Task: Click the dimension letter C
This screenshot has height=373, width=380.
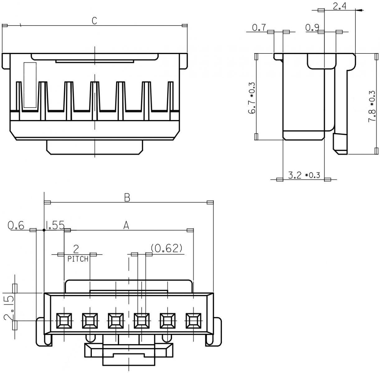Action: point(95,21)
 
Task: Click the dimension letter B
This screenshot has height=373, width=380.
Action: point(127,197)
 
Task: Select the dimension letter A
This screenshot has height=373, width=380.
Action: point(126,225)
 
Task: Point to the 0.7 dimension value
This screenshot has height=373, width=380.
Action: point(259,28)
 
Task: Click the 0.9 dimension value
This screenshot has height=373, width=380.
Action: point(312,28)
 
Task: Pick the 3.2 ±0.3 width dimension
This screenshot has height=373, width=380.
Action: point(304,176)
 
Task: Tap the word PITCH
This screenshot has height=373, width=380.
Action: point(78,259)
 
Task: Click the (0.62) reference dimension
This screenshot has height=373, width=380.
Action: point(166,248)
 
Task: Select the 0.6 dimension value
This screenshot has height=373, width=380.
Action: point(16,225)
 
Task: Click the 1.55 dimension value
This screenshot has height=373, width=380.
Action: point(55,225)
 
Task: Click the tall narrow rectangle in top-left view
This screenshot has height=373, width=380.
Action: point(30,85)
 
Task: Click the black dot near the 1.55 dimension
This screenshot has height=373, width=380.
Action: point(44,230)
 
